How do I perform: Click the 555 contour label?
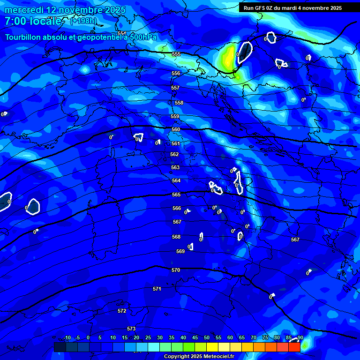pos(176,54)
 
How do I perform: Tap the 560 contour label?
pos(176,129)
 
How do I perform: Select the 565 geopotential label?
pos(176,195)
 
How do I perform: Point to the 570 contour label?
pos(176,270)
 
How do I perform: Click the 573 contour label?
pos(131,329)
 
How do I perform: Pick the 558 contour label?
pos(179,103)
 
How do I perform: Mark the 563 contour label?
pos(175,167)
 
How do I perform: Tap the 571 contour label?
pos(157,289)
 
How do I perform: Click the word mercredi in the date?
pos(25,10)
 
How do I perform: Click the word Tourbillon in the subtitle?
pos(26,37)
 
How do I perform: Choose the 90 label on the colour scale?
pos(300,337)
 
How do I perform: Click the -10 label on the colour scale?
pos(67,337)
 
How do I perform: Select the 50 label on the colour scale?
pos(206,337)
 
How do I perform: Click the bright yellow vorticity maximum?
pos(229,57)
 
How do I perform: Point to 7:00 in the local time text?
pos(16,21)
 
